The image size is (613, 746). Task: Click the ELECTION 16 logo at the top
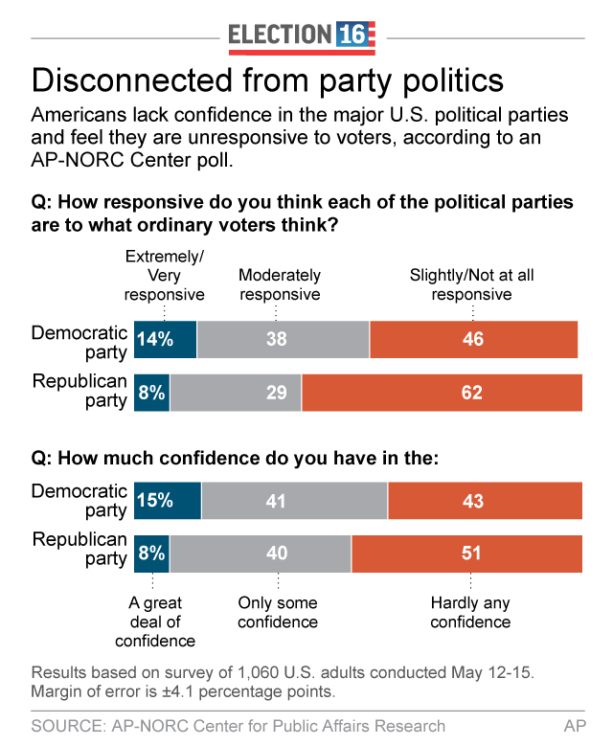(302, 35)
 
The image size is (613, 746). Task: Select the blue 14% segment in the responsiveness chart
(166, 339)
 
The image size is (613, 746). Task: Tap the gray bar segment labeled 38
(283, 339)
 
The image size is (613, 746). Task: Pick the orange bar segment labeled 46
(473, 339)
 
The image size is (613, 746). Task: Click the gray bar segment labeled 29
(236, 393)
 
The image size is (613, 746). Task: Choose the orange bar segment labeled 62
(442, 393)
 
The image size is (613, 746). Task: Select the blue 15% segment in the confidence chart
(168, 501)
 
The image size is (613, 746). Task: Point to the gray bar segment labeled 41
(294, 501)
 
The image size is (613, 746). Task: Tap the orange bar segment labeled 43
(485, 501)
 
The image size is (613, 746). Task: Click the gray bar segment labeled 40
(261, 554)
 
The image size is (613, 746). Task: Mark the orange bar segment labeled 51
(466, 554)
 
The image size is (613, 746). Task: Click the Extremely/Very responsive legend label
(165, 276)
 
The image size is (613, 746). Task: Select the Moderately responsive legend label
(280, 285)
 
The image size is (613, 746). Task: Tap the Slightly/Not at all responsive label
(471, 285)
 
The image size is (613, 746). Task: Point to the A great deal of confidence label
(155, 622)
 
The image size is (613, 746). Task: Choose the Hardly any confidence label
(470, 613)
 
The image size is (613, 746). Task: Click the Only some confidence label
(278, 613)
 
